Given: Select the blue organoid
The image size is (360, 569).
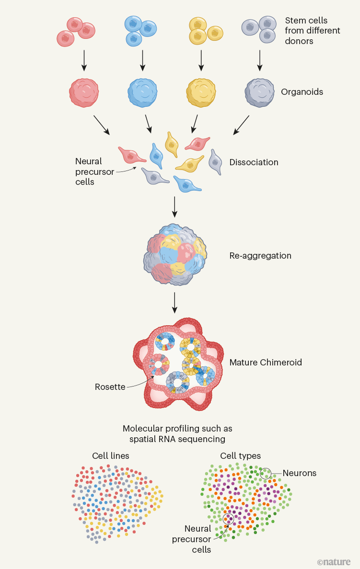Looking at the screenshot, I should coord(143,91).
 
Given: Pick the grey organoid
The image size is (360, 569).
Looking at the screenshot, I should coord(259,91).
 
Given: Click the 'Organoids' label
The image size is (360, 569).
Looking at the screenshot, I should coord(302,91).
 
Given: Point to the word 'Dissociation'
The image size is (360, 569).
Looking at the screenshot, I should coord(254,162).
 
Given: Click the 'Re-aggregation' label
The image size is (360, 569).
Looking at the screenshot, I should coord(260,256).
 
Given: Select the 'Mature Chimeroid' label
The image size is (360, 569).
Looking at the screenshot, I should coord(266,363).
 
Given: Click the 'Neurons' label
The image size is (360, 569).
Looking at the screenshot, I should coord(300,473).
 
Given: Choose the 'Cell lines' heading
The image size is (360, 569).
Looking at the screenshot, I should coord(111,456).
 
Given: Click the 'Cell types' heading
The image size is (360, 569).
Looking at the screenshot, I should coord(241,456).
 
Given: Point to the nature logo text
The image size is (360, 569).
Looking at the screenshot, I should coord(334,561).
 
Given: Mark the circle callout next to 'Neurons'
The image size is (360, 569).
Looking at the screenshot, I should coord(265,474).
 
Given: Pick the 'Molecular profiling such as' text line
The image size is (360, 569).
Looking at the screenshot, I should coord(177,429).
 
